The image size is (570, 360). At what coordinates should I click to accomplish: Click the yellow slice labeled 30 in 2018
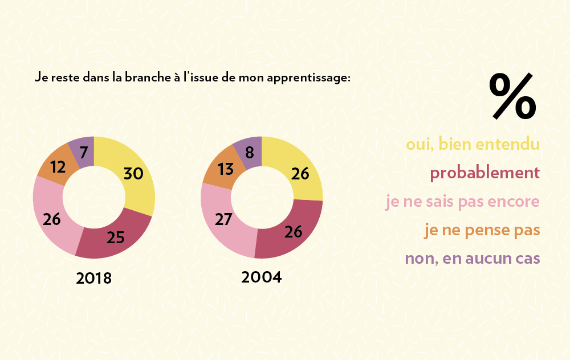(x=134, y=174)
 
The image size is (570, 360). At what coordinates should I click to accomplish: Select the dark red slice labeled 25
(x=116, y=236)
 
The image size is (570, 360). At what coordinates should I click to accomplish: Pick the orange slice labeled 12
(x=56, y=167)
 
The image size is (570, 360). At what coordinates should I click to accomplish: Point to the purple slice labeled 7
(x=83, y=152)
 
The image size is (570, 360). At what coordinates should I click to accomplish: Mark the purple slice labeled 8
(x=250, y=152)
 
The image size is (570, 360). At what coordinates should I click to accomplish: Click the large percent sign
(x=512, y=96)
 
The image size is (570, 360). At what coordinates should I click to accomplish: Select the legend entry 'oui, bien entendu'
(x=473, y=144)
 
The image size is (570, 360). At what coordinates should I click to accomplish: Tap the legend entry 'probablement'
(x=484, y=173)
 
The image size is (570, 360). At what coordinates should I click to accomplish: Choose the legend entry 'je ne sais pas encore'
(x=462, y=202)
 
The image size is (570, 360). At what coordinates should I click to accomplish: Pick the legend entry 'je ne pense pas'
(x=482, y=230)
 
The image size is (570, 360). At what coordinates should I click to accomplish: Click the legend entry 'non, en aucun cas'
(x=473, y=258)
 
